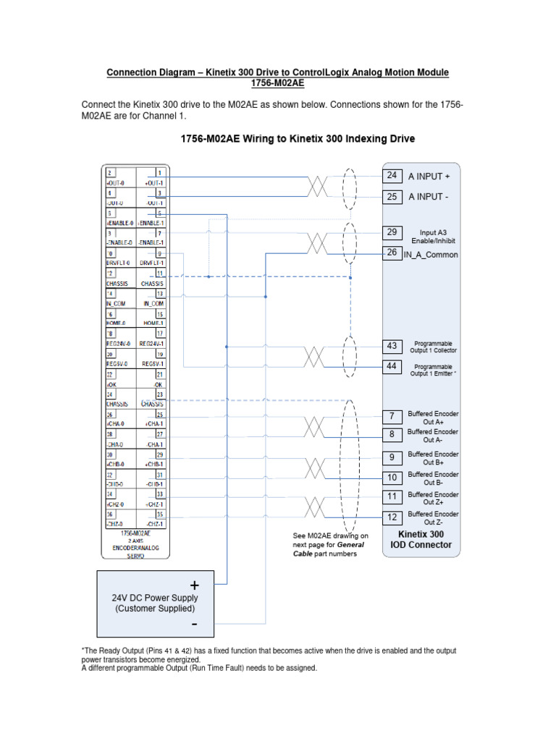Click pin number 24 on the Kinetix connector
[392, 176]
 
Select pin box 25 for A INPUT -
[392, 196]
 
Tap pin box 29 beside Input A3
[392, 232]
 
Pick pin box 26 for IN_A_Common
[392, 253]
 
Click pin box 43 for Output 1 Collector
[392, 346]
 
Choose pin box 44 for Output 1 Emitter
[392, 366]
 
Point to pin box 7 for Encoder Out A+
[392, 416]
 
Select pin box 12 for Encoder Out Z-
[392, 517]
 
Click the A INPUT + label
[429, 177]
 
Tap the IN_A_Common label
[431, 255]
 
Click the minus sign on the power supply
[194, 623]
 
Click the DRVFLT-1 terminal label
[152, 263]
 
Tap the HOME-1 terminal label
[152, 323]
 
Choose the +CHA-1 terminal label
[152, 423]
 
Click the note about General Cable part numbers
[330, 544]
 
